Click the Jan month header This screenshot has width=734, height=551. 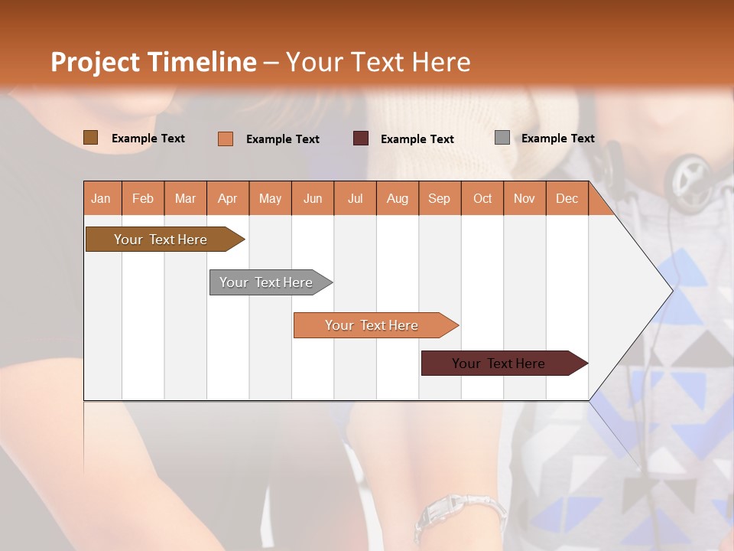coord(102,198)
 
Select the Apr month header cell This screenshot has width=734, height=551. coord(228,198)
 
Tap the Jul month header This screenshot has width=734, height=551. coord(355,198)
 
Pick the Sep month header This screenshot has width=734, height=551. coord(439,198)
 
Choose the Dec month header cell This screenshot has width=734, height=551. coord(567,198)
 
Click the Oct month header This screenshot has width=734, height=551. coord(482,198)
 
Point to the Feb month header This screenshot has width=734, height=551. coord(143,198)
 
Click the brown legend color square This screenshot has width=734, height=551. coord(91,138)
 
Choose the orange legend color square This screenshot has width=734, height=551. coord(226,139)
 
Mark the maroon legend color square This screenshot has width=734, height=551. coord(361,139)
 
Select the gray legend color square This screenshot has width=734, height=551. coord(502,138)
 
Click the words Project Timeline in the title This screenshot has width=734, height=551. coord(153,62)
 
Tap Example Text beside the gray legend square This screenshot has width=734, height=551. coord(557,139)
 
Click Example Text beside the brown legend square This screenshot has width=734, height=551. coord(148,139)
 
